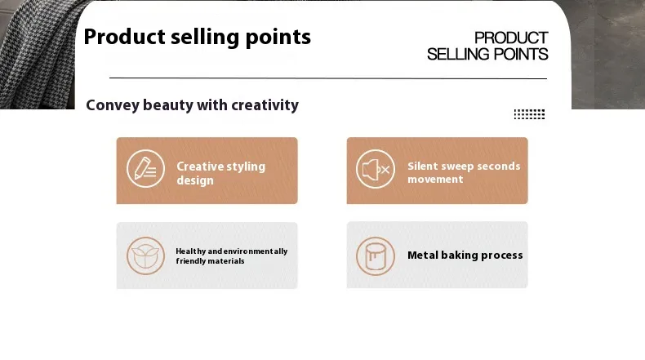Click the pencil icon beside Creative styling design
click(145, 169)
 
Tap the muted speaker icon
click(375, 169)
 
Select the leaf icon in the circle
click(145, 256)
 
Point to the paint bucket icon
click(375, 256)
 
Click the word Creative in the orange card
click(198, 167)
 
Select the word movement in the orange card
click(435, 180)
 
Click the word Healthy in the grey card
click(190, 251)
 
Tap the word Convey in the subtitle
click(113, 105)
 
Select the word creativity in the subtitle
click(265, 105)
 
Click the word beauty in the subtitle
click(168, 105)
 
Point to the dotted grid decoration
click(529, 114)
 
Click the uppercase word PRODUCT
click(511, 38)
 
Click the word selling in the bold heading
click(205, 38)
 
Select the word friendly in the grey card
click(191, 261)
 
